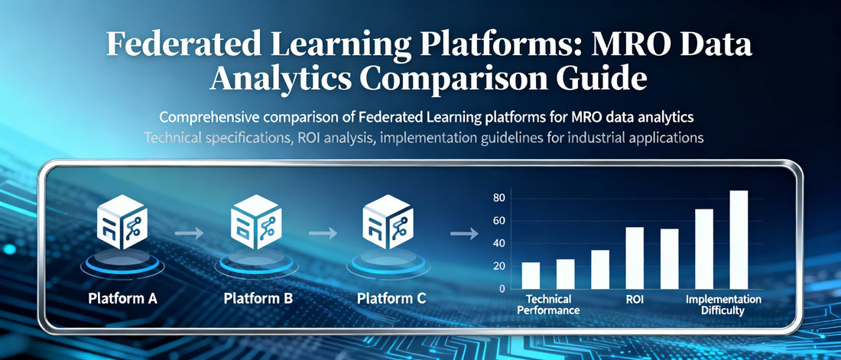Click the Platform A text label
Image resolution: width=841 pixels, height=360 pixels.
[122, 299]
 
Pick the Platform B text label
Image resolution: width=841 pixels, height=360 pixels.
[258, 299]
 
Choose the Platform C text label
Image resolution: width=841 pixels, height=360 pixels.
[390, 299]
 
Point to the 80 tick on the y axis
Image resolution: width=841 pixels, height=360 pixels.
[498, 198]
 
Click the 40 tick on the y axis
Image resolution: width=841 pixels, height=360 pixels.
[498, 243]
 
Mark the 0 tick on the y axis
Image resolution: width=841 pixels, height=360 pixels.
[502, 289]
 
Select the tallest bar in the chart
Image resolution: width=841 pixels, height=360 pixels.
[739, 239]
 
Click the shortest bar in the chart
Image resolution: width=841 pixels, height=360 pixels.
[531, 275]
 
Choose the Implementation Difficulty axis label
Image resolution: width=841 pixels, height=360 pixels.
[722, 305]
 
